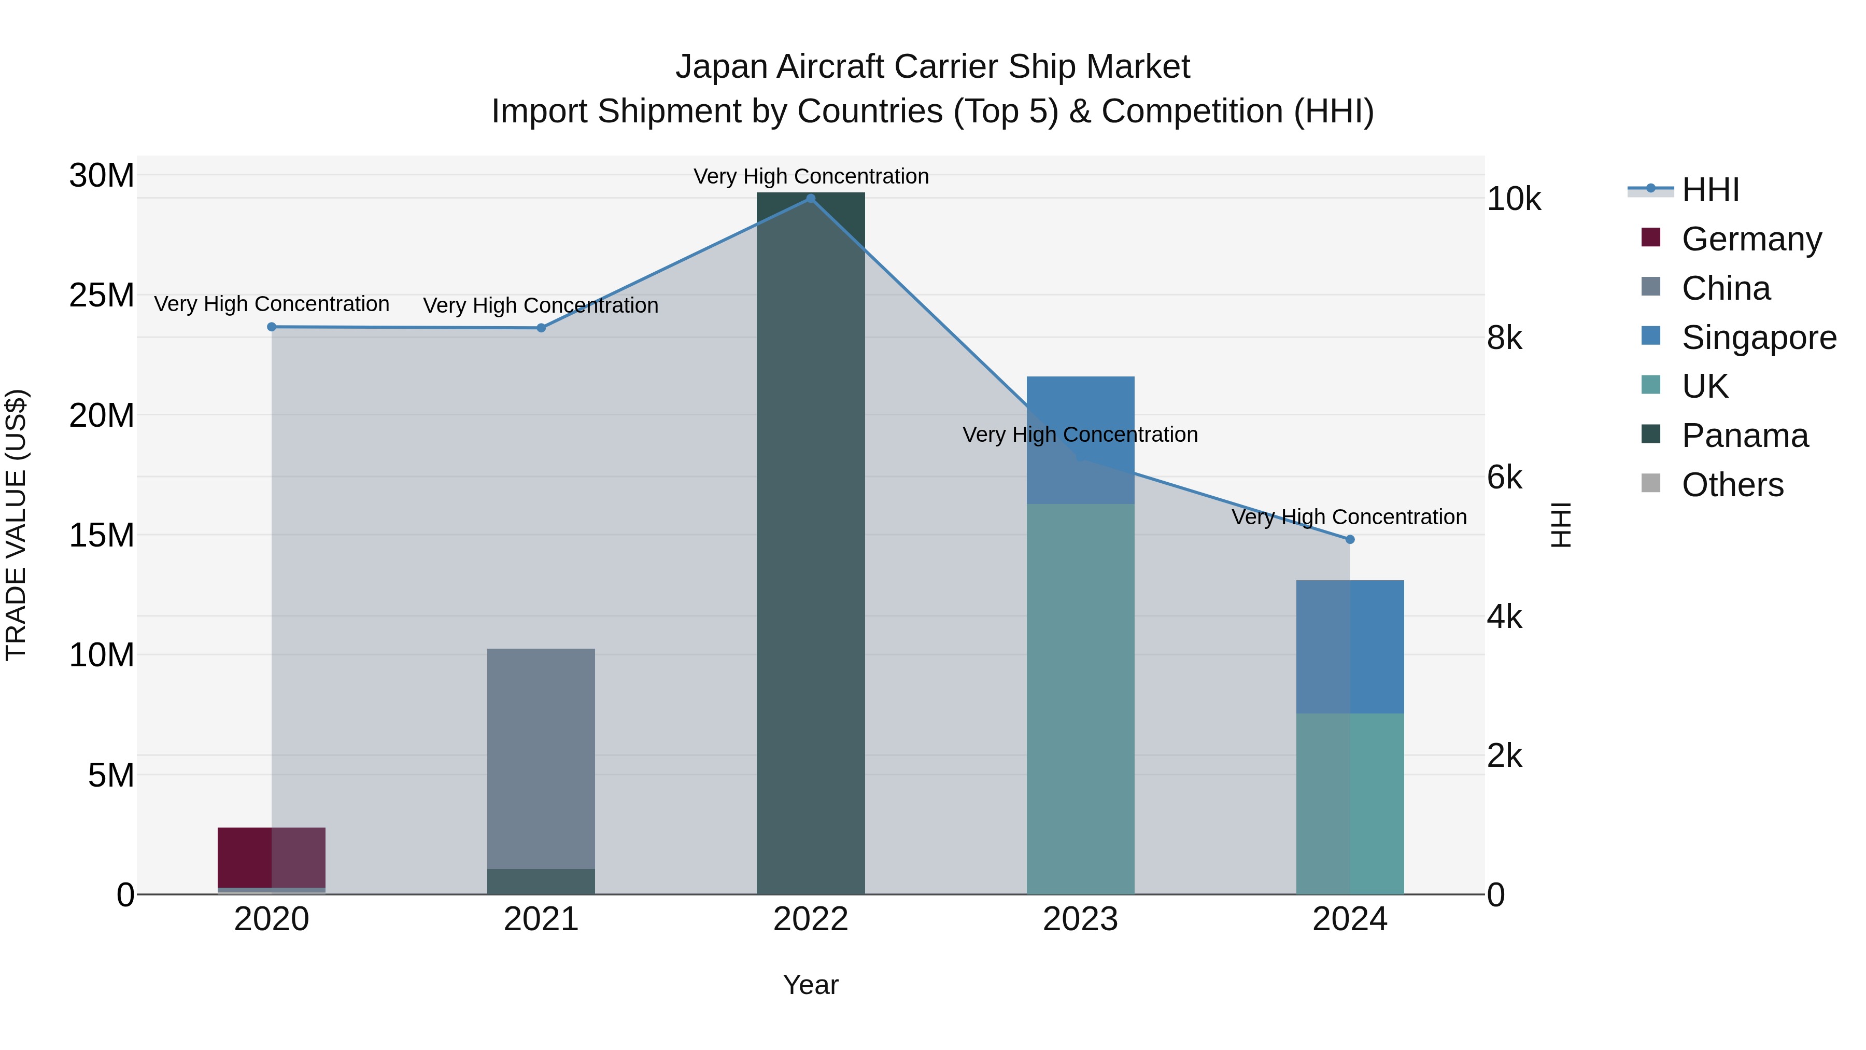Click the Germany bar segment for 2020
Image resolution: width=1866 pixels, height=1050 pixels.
pos(272,857)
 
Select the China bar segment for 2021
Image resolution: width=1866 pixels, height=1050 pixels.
pos(541,757)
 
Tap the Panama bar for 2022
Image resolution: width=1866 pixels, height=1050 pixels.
pos(811,543)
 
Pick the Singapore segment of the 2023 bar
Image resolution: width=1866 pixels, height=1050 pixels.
pos(1080,440)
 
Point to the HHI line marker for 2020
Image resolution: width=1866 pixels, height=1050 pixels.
pos(272,327)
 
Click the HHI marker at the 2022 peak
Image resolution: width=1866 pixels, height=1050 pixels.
pos(811,199)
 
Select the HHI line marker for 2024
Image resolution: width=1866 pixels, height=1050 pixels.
pos(1350,539)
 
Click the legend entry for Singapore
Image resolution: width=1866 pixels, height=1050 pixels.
pos(1758,338)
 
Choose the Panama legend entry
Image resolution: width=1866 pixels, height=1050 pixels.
pos(1744,436)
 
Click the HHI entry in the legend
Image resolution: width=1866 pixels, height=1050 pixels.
pos(1709,190)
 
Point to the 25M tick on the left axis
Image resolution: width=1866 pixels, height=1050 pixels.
pos(102,296)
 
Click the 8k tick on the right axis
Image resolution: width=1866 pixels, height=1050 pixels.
pos(1505,339)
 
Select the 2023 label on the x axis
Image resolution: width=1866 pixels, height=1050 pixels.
pos(1080,919)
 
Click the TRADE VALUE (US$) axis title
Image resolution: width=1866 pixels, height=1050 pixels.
pos(16,525)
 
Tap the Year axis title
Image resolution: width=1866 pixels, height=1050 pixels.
pos(811,985)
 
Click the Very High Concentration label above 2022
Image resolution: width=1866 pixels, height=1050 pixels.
pos(811,176)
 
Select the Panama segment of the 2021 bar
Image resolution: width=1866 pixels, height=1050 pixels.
pos(541,881)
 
